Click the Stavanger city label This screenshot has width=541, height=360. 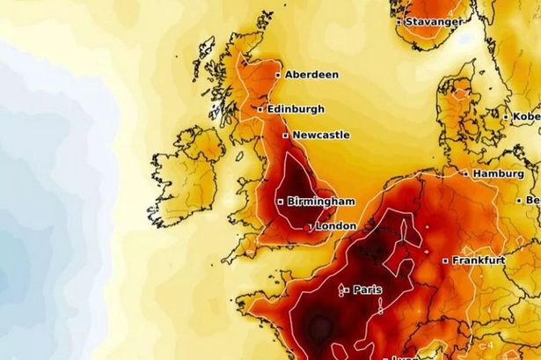[x=433, y=20]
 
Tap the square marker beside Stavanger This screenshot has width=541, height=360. [x=398, y=21]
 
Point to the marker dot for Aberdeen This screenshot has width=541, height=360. [x=279, y=76]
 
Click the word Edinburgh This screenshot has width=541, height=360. [x=296, y=108]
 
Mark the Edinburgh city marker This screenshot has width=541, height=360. [x=260, y=109]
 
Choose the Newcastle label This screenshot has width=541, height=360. [x=321, y=135]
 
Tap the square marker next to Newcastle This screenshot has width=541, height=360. [x=285, y=136]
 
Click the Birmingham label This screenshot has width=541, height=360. [x=320, y=201]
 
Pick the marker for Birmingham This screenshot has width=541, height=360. [x=281, y=202]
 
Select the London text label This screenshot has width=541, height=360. [x=335, y=226]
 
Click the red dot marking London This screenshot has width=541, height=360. [x=307, y=227]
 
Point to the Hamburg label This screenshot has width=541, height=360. [x=498, y=173]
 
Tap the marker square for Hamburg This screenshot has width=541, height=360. [x=466, y=174]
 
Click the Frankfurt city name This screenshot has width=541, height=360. [x=481, y=260]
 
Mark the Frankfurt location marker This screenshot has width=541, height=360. [x=445, y=261]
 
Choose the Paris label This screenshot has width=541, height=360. [x=368, y=289]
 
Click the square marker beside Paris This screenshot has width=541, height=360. [x=347, y=289]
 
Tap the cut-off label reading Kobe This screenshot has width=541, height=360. [x=527, y=116]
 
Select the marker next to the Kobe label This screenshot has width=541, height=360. [x=506, y=116]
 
